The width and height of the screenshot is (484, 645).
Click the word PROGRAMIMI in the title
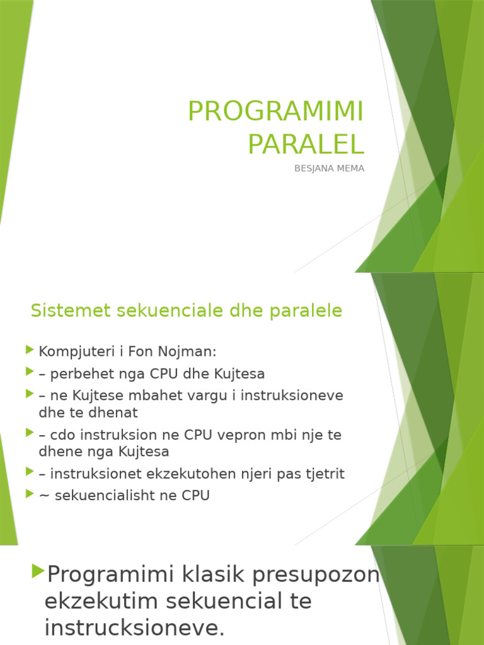point(275,112)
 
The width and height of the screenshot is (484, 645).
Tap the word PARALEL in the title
point(306,144)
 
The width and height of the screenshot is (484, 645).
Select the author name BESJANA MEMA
point(329,169)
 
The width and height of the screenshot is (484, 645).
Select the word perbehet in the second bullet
point(78,374)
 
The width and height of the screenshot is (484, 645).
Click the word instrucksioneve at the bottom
point(134,627)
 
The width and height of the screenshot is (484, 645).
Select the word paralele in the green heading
point(310,311)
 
